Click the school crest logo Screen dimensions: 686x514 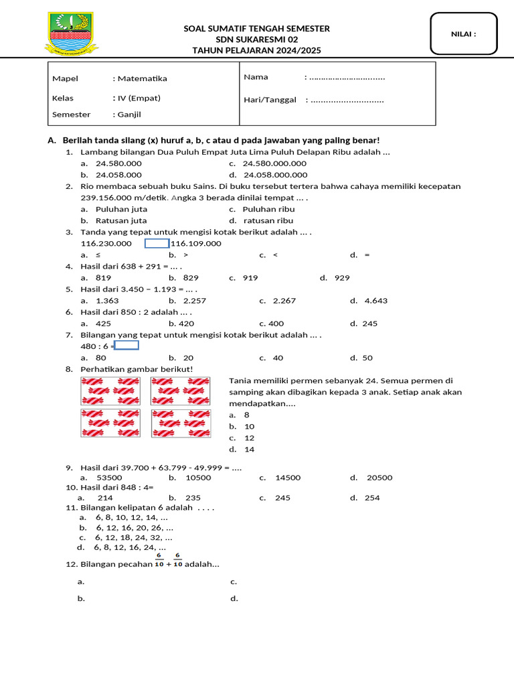point(71,33)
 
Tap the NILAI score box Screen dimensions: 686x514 point(464,33)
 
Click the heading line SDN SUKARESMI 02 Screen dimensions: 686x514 point(256,40)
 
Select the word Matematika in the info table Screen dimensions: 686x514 point(142,78)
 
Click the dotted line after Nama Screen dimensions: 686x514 point(347,77)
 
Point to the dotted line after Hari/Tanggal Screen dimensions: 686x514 point(347,100)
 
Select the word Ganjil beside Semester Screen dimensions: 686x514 point(129,115)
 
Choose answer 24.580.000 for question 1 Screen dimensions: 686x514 point(118,163)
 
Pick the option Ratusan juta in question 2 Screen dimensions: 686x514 point(121,220)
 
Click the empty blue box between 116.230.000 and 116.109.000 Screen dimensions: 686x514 point(157,243)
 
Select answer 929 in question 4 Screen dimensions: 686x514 point(342,277)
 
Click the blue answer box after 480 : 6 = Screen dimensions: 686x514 point(127,346)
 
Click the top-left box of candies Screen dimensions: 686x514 point(110,391)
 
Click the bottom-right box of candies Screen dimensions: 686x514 point(180,423)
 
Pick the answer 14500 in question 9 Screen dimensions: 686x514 point(288,478)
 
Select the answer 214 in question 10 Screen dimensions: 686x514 point(105,498)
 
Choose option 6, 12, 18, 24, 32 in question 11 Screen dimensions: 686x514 point(133,537)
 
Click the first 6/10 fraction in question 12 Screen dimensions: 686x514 point(159,560)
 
